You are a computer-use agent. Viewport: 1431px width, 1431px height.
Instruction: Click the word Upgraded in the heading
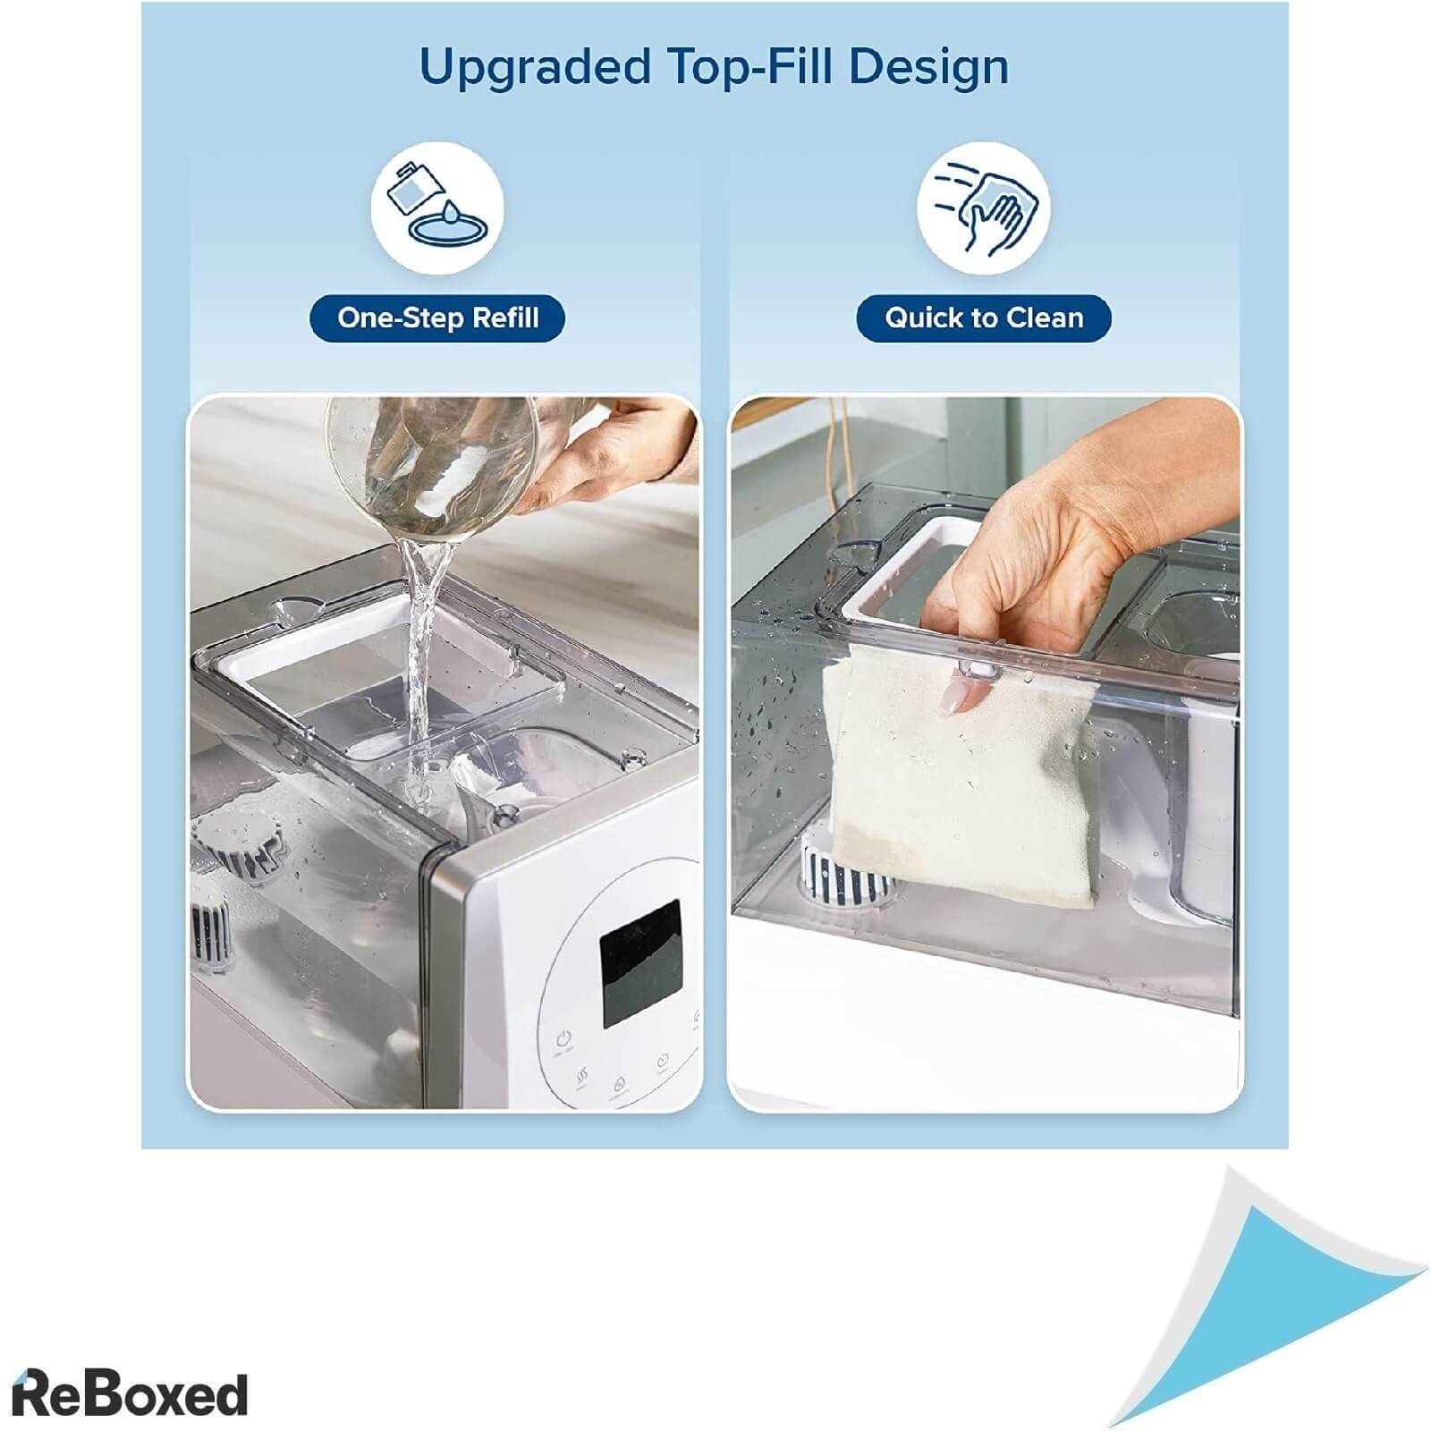point(535,68)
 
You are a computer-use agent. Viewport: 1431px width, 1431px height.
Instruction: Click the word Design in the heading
point(928,66)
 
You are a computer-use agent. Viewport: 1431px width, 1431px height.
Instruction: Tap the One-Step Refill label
point(437,318)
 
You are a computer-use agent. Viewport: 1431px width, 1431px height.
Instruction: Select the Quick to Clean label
point(984,318)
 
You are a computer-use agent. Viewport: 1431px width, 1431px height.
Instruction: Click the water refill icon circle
point(437,207)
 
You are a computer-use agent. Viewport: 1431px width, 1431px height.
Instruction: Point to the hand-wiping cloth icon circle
point(984,207)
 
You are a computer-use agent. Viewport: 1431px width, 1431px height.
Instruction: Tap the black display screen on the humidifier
point(641,963)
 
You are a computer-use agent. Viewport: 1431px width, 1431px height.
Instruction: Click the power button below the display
point(563,1040)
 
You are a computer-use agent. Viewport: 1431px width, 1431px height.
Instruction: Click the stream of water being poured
point(420,662)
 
